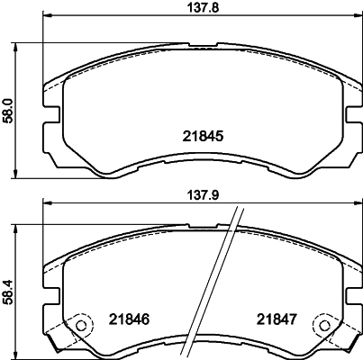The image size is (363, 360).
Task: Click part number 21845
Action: pyautogui.click(x=203, y=137)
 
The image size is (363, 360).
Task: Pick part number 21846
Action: pyautogui.click(x=129, y=319)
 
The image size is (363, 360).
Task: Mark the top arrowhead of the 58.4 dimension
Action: pyautogui.click(x=21, y=224)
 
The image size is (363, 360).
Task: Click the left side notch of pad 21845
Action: pyautogui.click(x=52, y=115)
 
